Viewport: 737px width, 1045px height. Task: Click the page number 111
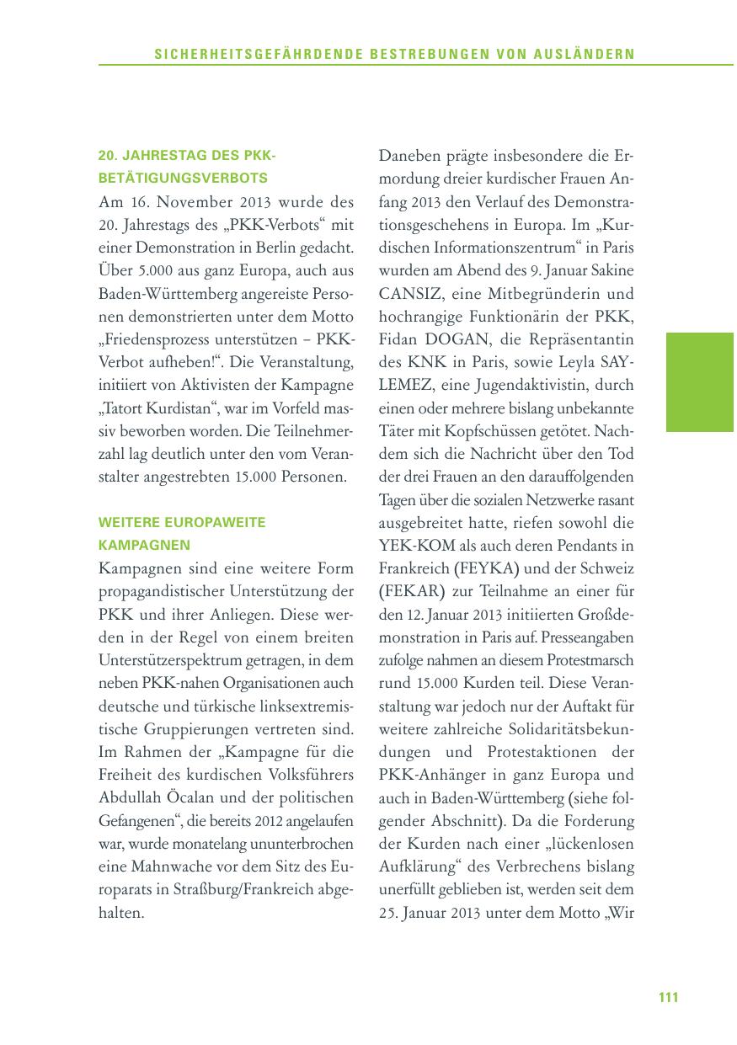click(668, 997)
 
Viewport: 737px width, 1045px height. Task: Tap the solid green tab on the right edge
click(700, 381)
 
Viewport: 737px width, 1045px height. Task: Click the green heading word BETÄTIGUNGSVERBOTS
click(183, 178)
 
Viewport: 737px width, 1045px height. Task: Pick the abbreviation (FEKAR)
click(409, 590)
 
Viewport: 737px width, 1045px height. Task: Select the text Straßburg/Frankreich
click(247, 888)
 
